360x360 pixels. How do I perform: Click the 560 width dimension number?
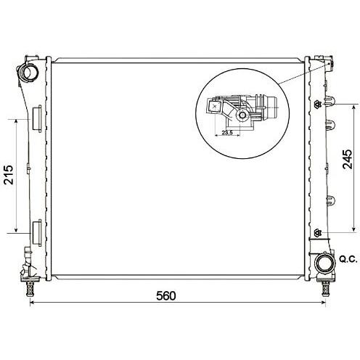point(166,295)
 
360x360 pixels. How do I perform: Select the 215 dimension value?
point(9,175)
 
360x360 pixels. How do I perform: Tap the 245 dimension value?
point(348,159)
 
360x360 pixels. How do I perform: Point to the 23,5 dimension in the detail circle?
point(227,132)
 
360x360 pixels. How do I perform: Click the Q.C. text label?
point(348,259)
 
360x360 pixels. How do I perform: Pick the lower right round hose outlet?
point(325,263)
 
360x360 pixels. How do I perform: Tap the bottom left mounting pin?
point(29,288)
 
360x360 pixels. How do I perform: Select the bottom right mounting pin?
point(325,289)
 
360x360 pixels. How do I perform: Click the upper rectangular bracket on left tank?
point(37,119)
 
